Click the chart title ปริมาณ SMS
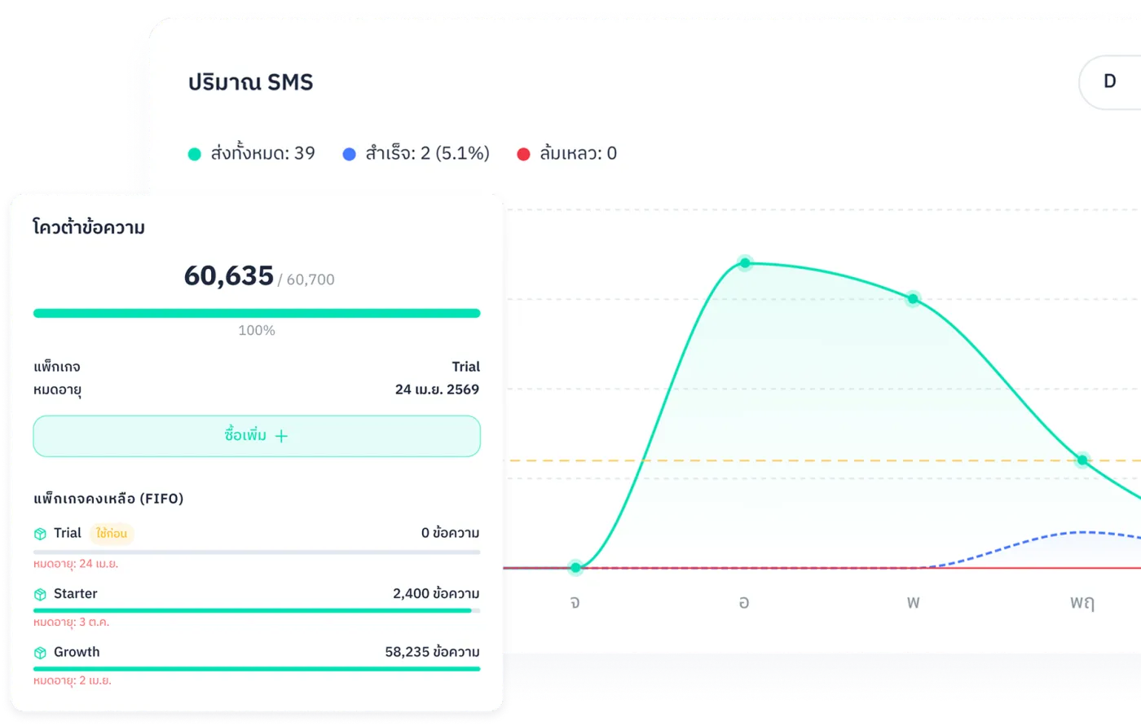[250, 82]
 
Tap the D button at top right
[1109, 81]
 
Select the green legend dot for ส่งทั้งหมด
[194, 154]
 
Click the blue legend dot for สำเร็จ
[350, 154]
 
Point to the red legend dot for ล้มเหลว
[524, 154]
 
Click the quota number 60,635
[228, 276]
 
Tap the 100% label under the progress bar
[256, 330]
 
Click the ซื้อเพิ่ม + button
[256, 436]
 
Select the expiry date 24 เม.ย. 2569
[437, 389]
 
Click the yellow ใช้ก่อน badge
[112, 534]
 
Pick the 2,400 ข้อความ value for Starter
[436, 594]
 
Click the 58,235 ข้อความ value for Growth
[432, 653]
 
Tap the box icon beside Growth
[40, 653]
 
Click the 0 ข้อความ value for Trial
[450, 534]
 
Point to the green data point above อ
[744, 263]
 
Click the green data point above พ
[913, 299]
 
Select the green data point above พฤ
[1082, 460]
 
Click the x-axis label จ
[575, 603]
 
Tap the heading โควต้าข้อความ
[89, 228]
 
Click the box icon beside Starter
[40, 595]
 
